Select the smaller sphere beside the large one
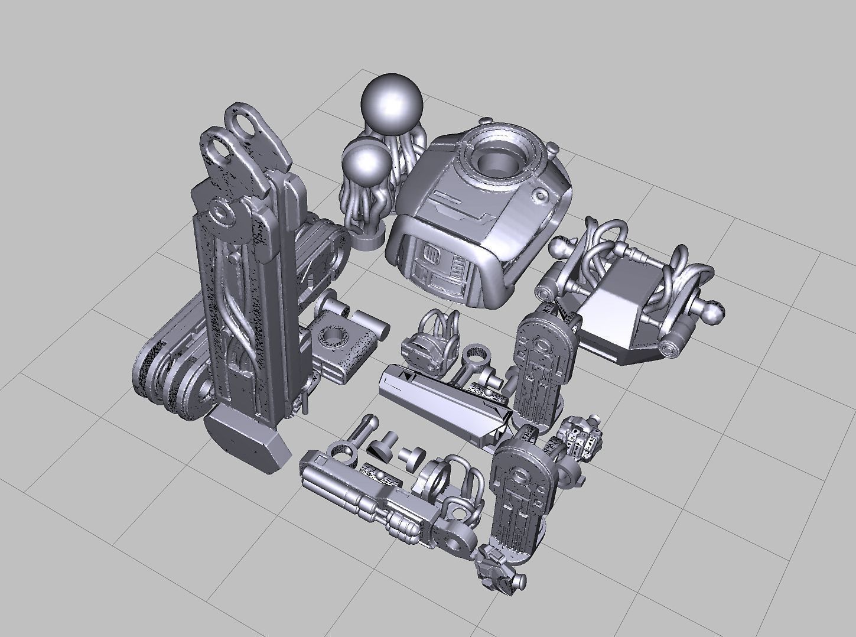click(x=367, y=164)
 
